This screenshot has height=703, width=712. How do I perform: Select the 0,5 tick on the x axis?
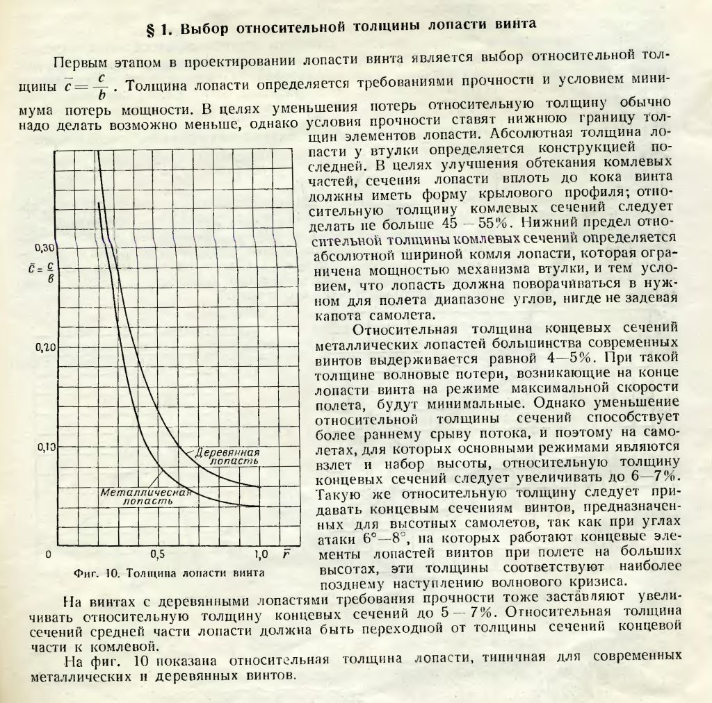click(158, 555)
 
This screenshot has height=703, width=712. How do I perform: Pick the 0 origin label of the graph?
click(49, 555)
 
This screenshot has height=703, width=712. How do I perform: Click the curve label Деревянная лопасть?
click(227, 456)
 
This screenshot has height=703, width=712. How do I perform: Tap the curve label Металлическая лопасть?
click(145, 495)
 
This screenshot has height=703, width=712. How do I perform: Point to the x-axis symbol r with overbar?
click(286, 554)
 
